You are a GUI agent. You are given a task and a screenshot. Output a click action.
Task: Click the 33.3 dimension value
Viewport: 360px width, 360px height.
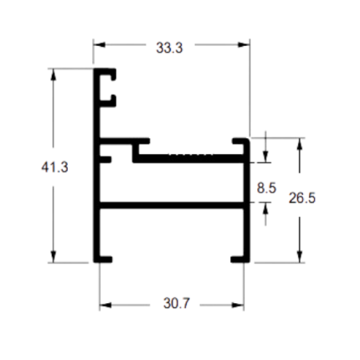[169, 48]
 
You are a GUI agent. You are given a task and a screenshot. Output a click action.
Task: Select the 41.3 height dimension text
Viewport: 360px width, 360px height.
[54, 167]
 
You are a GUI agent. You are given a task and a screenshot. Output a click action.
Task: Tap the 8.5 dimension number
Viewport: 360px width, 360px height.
[266, 188]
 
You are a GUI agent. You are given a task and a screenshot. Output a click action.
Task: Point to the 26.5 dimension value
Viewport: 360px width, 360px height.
[302, 198]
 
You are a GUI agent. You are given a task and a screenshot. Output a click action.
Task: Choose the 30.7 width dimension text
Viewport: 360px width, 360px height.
[177, 303]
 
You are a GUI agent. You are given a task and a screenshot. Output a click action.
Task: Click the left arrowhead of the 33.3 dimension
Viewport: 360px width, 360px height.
[100, 44]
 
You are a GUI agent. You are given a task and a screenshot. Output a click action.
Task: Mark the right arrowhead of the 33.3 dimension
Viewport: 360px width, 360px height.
[244, 44]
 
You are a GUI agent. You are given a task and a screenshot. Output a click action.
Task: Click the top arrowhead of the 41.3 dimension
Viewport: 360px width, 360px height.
[54, 75]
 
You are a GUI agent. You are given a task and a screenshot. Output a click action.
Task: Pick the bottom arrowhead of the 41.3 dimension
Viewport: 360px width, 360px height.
[54, 256]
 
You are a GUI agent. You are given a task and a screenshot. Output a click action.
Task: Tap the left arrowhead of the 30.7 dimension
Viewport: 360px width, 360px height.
[105, 305]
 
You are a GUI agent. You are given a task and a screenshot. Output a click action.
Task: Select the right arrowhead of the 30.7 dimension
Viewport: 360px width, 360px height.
[238, 305]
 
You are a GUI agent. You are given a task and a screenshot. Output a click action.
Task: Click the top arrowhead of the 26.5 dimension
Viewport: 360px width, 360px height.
[300, 144]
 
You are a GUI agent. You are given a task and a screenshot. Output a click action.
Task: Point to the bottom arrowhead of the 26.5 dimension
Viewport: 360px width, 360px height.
[300, 256]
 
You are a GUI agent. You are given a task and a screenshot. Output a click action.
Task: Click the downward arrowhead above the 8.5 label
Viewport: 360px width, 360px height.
[265, 157]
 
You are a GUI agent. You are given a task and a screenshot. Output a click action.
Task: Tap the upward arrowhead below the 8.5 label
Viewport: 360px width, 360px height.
[265, 208]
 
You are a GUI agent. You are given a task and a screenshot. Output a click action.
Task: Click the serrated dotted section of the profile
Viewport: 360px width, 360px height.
[191, 154]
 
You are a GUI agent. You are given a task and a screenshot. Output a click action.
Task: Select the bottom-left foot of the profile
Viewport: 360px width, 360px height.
[103, 260]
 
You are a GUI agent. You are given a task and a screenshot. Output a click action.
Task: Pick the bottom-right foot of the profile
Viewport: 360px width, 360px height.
[240, 260]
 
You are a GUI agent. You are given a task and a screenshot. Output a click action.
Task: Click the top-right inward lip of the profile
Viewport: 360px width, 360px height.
[240, 141]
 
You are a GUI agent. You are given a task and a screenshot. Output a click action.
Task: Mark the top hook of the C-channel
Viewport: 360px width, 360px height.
[107, 73]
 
